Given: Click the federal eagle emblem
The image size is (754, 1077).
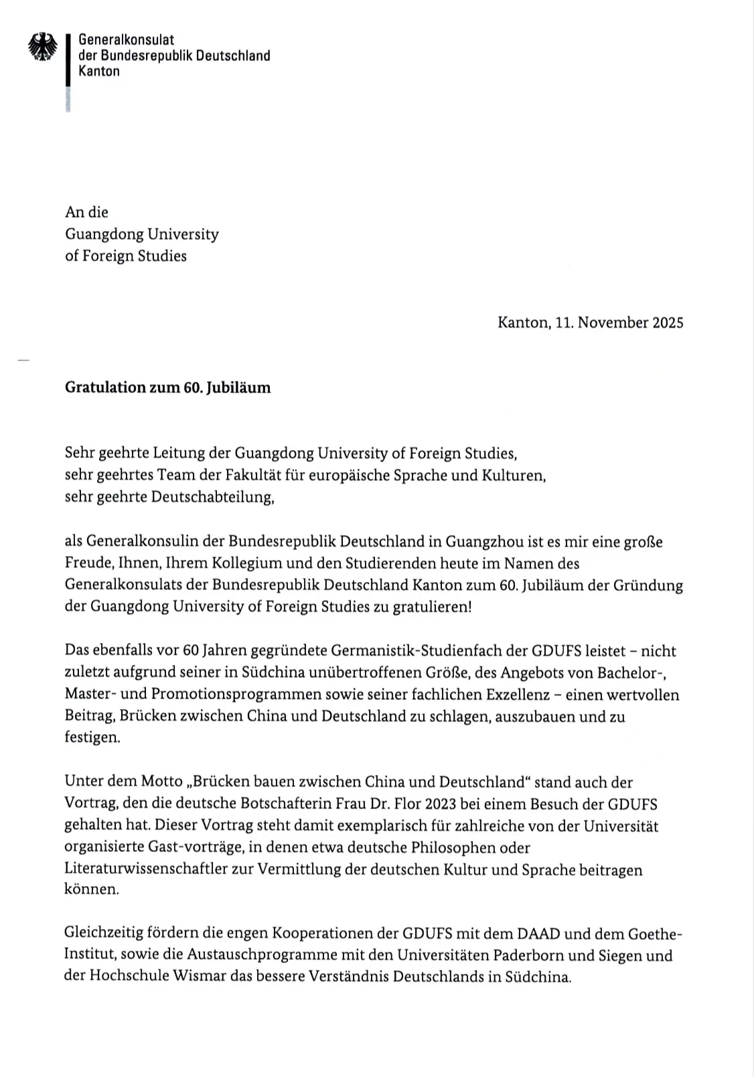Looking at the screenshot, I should point(43,48).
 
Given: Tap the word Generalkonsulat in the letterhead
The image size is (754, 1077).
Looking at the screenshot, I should point(126,40).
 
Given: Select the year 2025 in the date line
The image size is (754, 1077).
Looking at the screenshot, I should point(668,323).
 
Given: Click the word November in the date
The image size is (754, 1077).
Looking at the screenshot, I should point(613,323).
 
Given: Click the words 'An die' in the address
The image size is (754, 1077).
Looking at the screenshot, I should point(86,212).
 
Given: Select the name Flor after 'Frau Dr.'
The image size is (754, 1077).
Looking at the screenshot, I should point(408,804).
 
